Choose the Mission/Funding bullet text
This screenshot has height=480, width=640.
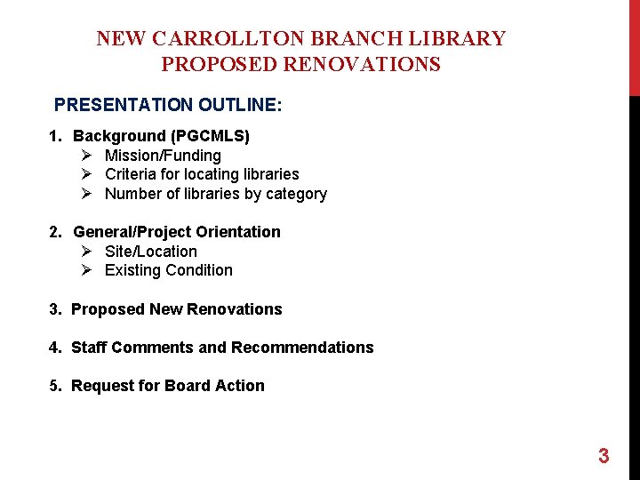click(x=163, y=156)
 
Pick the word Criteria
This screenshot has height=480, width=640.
click(x=133, y=174)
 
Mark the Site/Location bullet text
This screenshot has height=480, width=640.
click(x=151, y=252)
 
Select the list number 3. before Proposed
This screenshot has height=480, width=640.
click(x=56, y=309)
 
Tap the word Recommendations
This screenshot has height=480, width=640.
click(x=302, y=348)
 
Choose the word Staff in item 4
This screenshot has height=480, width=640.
click(x=89, y=348)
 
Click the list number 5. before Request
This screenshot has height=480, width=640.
click(x=56, y=386)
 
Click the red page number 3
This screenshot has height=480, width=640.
click(x=604, y=457)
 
